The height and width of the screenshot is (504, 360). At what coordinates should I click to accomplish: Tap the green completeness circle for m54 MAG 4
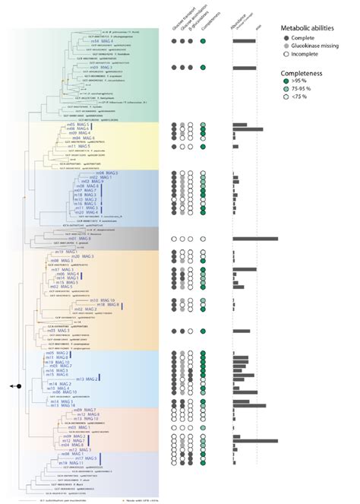(x=204, y=40)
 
